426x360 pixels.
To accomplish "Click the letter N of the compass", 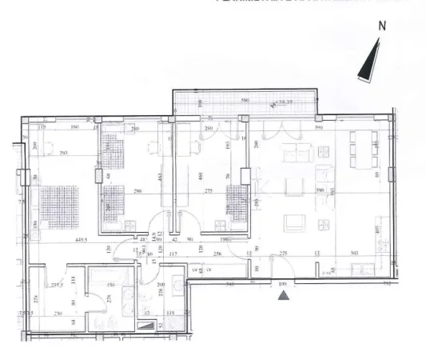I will pyautogui.click(x=383, y=25).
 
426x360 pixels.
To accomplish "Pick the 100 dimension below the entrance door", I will pyautogui.click(x=282, y=284).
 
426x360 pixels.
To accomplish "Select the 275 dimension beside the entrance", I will pyautogui.click(x=283, y=254).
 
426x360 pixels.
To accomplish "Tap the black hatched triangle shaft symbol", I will pyautogui.click(x=148, y=326).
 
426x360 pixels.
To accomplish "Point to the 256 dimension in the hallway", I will pyautogui.click(x=217, y=254).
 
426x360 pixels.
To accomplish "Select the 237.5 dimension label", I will pyautogui.click(x=56, y=284).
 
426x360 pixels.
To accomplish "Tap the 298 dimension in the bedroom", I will pyautogui.click(x=137, y=192).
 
